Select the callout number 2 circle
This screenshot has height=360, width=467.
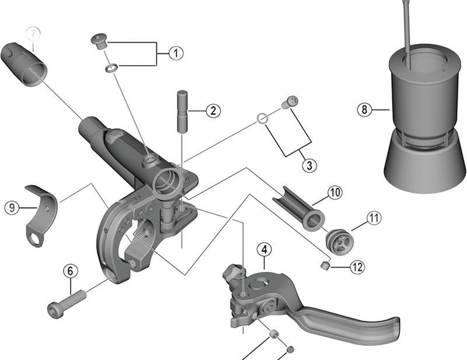pos(212,110)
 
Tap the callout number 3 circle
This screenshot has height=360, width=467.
pos(309,164)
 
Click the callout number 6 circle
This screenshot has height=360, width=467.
pos(70,271)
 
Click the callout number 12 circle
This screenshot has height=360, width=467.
pos(357,267)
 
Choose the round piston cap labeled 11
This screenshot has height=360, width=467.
pos(339,240)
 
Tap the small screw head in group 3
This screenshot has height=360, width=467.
pos(289,103)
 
